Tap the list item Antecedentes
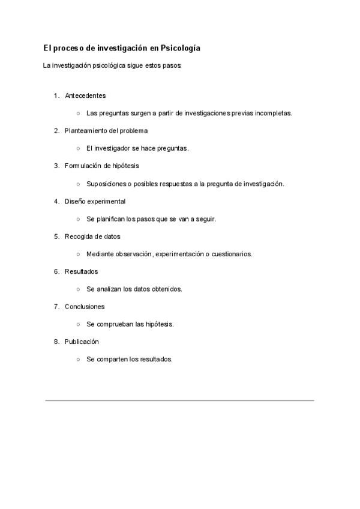coord(85,95)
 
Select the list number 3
coord(56,166)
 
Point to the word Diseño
coord(75,201)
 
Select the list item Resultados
coord(81,271)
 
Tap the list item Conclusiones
coord(85,307)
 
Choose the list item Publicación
coord(82,342)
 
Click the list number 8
coord(56,342)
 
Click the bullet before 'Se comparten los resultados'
coord(78,360)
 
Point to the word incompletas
coord(273,113)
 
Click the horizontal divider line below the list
coord(179,400)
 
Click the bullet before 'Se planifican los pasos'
coord(78,219)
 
